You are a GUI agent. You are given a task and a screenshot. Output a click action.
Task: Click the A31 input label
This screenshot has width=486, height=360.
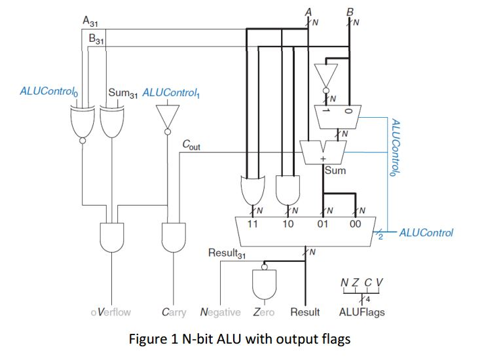(x=90, y=21)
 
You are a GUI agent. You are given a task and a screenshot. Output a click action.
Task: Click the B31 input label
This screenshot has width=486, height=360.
(x=96, y=39)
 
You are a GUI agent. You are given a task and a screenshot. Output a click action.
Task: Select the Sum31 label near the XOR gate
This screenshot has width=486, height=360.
(x=122, y=92)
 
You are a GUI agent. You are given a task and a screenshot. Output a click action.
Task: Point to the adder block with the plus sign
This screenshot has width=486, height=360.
(x=322, y=152)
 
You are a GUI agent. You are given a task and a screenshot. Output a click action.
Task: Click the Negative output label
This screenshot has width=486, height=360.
(x=221, y=312)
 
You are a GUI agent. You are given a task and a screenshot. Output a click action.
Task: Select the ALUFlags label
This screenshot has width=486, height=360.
(x=362, y=312)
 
